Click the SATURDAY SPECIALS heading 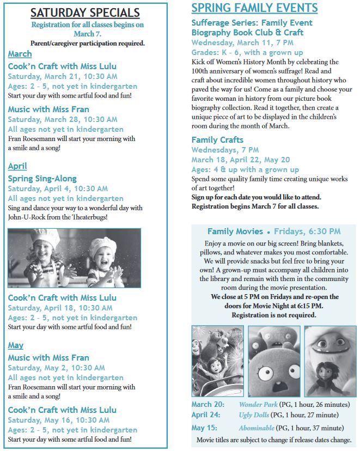click(x=84, y=13)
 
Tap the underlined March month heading click(x=20, y=54)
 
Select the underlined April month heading click(x=17, y=166)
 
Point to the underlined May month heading click(x=16, y=345)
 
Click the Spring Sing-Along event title click(x=42, y=179)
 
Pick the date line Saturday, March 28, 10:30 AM click(x=62, y=119)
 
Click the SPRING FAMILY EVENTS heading click(x=254, y=8)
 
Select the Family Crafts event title click(x=217, y=140)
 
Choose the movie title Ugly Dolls click(x=254, y=415)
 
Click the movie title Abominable click(x=257, y=428)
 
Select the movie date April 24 click(x=206, y=415)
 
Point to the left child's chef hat click(x=42, y=238)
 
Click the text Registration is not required click(x=274, y=315)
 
